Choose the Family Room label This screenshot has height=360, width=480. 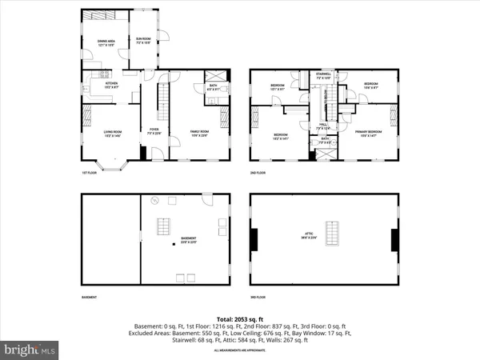(x=199, y=133)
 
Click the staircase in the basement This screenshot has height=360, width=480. (x=166, y=226)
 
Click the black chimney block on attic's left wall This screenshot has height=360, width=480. (x=254, y=240)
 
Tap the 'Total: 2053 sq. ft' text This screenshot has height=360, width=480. (x=239, y=318)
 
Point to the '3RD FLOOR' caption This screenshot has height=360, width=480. (x=258, y=298)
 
